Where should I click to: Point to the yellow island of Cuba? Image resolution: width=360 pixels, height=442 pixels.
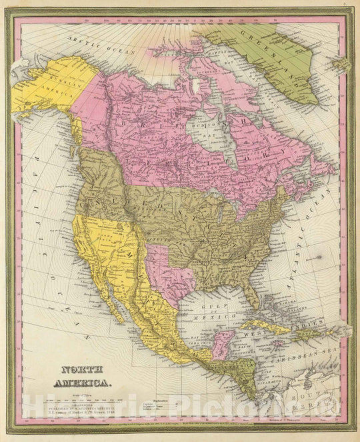click(x=263, y=326)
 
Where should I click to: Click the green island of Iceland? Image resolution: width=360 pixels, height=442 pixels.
click(x=342, y=65)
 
